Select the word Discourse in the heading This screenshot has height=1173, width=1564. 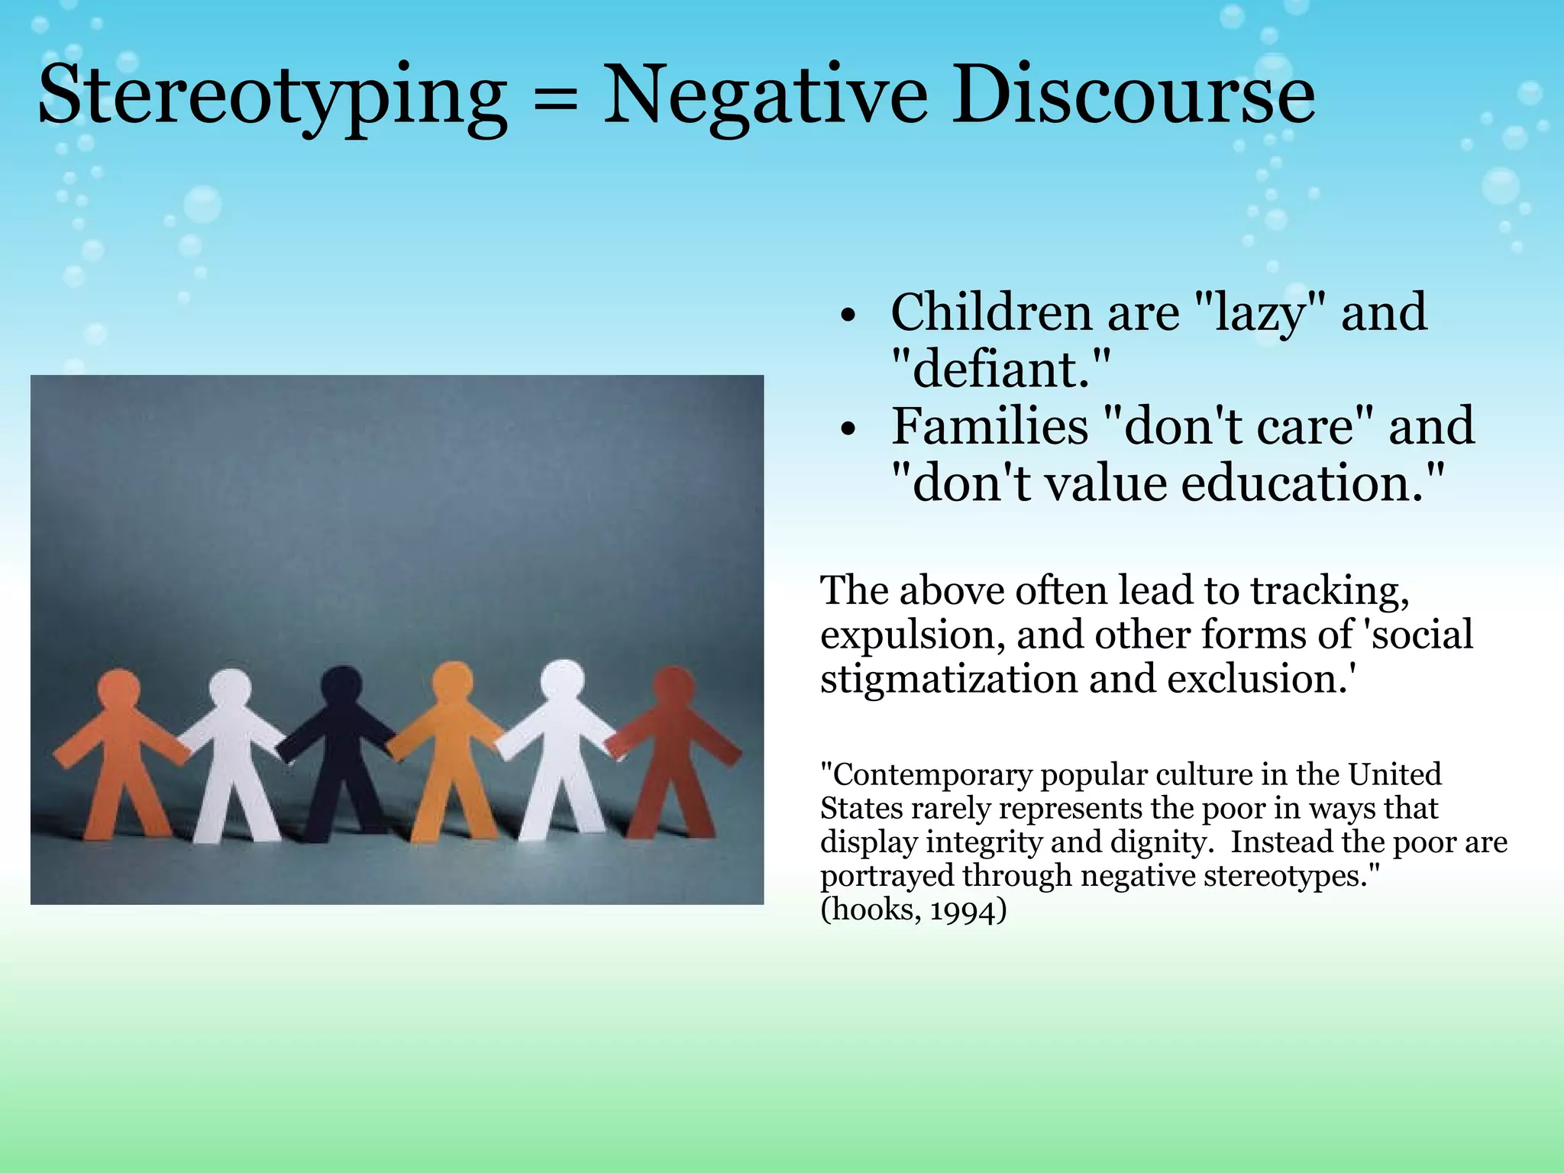point(1133,96)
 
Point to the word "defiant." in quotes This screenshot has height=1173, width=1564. point(1000,369)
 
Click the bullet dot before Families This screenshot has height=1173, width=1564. point(848,430)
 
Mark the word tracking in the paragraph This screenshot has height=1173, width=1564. point(1330,590)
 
